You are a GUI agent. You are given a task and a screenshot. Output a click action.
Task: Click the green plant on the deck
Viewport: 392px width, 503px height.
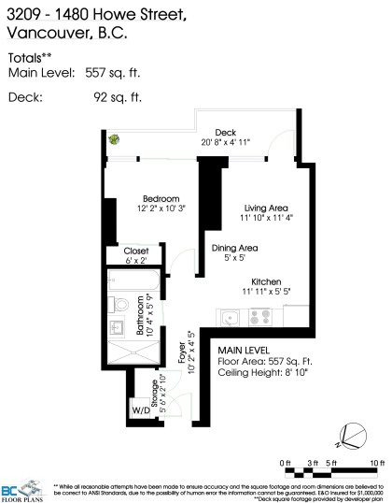[114, 139]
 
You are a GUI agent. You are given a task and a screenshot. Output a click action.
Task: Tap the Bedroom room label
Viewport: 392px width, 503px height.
[156, 197]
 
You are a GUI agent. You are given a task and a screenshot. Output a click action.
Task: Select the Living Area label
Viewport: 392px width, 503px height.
[265, 208]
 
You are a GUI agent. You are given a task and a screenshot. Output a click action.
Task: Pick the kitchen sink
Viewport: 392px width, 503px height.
[230, 318]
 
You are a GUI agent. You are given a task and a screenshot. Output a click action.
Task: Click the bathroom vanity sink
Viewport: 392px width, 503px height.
[116, 329]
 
